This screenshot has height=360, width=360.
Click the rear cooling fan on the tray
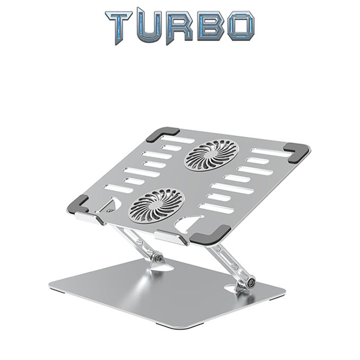211,154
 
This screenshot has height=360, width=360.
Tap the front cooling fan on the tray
156,205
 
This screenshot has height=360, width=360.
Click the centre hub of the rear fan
211,154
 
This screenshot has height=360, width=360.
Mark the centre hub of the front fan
156,205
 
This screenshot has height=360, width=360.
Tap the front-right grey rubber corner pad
213,233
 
